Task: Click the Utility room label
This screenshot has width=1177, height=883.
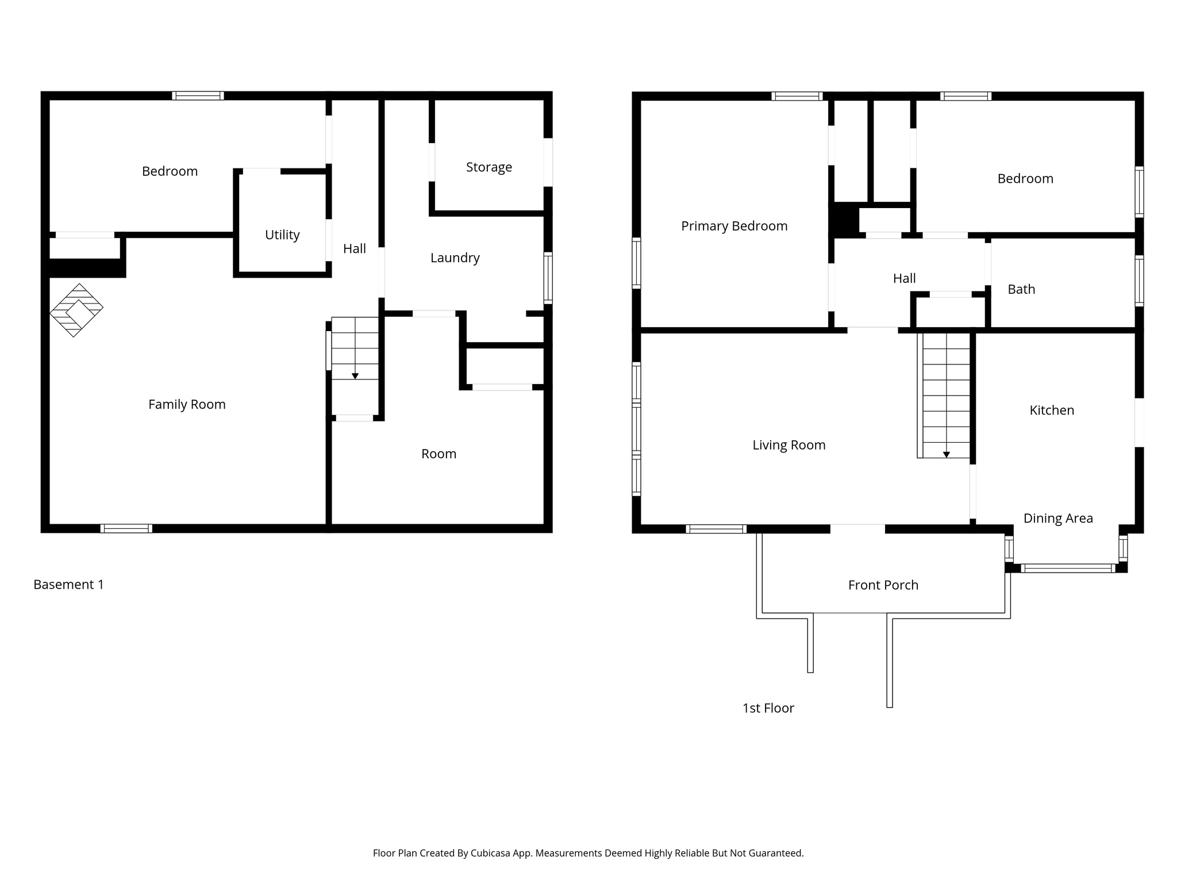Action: [282, 235]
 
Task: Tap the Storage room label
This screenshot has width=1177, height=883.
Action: [489, 167]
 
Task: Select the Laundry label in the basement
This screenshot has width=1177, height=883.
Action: [455, 258]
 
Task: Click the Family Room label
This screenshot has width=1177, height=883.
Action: [187, 405]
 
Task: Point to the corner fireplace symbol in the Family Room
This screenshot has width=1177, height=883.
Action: [76, 310]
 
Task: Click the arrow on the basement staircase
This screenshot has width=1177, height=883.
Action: [355, 376]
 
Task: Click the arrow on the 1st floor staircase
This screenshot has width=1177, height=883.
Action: [946, 455]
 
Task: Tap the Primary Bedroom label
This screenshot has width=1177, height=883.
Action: [734, 226]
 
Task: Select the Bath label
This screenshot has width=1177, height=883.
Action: [1021, 290]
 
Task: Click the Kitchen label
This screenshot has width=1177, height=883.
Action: [1051, 410]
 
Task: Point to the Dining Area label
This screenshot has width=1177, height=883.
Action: [1057, 519]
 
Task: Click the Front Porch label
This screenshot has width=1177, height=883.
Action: [883, 585]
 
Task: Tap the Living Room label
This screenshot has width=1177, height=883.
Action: [788, 446]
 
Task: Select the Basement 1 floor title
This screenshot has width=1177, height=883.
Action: [68, 585]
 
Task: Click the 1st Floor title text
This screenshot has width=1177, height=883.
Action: [768, 708]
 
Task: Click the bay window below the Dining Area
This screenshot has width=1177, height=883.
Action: [1068, 569]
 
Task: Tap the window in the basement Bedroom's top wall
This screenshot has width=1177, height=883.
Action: [198, 96]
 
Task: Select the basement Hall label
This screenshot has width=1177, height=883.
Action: [354, 249]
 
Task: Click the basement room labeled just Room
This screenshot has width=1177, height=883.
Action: [439, 454]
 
